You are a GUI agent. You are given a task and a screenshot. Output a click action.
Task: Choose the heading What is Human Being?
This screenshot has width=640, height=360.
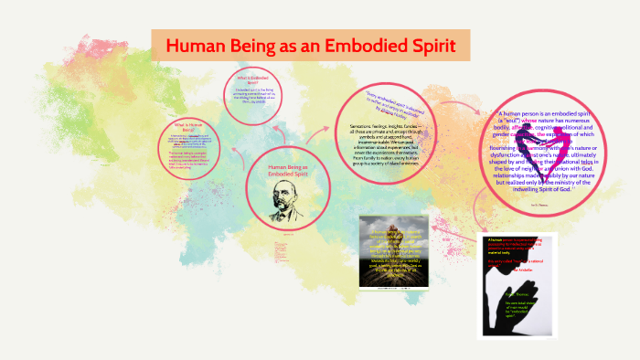coord(189,127)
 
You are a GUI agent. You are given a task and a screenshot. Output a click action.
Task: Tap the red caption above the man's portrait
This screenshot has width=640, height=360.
coord(285,172)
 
